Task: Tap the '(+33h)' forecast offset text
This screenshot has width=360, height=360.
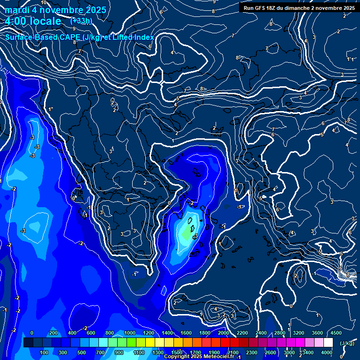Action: [81, 21]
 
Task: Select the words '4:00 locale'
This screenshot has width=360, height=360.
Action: [33, 21]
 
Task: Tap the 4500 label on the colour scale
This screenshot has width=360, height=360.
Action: [336, 333]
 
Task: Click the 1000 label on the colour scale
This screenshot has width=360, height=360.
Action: [129, 333]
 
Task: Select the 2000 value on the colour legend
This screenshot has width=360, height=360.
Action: [223, 333]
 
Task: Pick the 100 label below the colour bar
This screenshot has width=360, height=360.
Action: [45, 352]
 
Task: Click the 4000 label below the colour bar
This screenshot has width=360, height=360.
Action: [327, 352]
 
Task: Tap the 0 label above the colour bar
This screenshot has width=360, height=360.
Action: [31, 333]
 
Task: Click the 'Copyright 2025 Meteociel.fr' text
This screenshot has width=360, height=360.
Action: [200, 357]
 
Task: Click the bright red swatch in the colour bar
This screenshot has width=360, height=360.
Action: [224, 343]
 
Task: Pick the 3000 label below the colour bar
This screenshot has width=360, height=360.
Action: [289, 352]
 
